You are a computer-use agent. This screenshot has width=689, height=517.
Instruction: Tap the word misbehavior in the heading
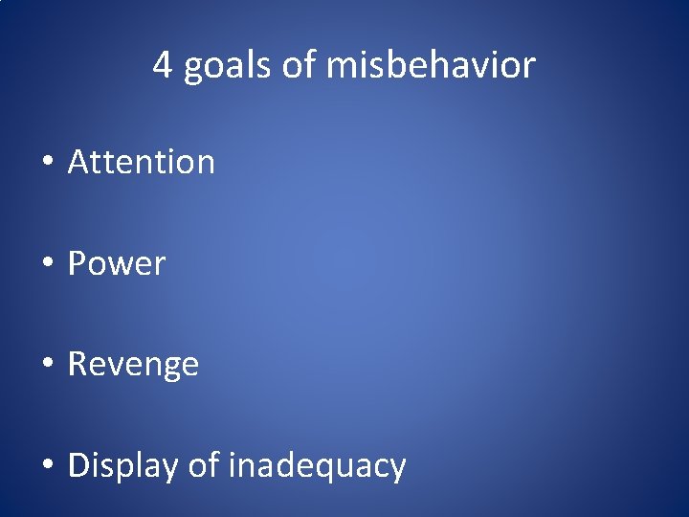point(431,66)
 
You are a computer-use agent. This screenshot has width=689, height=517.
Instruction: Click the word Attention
point(142,162)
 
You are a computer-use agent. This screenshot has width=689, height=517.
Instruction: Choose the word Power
point(117,263)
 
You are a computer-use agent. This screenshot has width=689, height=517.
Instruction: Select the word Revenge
point(133,365)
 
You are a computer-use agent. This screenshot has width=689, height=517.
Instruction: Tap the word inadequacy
point(317,466)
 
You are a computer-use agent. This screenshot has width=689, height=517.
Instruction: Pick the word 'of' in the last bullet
point(203,465)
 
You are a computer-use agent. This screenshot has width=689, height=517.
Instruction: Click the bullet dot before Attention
point(47,163)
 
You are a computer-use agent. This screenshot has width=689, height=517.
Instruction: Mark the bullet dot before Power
point(47,264)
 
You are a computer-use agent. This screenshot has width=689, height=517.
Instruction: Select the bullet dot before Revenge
point(47,365)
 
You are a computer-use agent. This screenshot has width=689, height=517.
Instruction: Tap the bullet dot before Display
point(47,466)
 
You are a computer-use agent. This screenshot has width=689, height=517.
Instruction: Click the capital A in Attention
point(78,162)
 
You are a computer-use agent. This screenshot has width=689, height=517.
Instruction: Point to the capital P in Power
point(78,263)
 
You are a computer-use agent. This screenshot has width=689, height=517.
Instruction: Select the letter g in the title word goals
point(192,70)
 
